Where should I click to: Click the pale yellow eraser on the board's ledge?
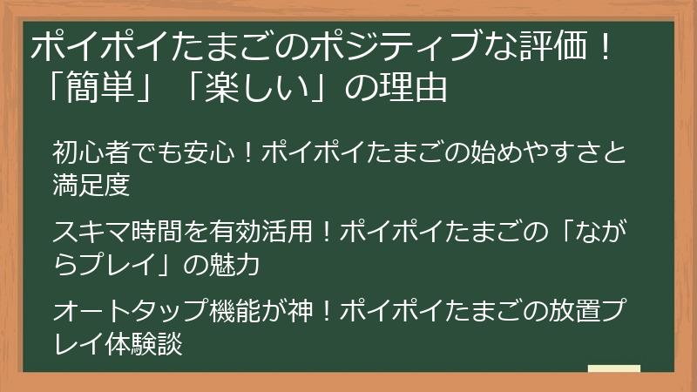(x=614, y=369)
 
